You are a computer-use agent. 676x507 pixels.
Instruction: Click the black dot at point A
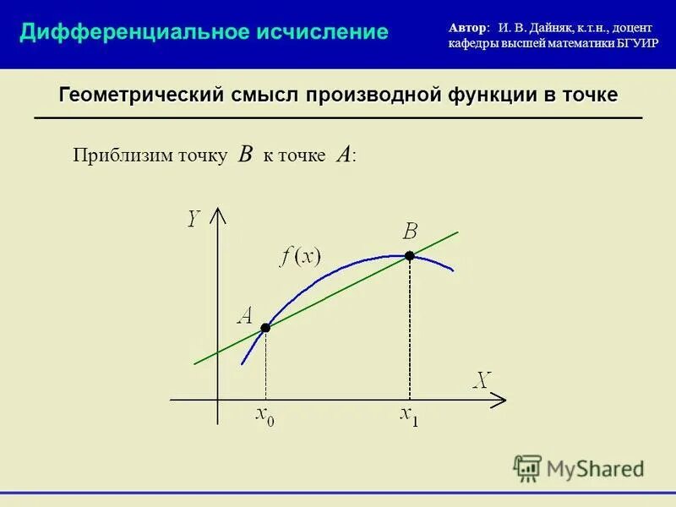click(x=265, y=327)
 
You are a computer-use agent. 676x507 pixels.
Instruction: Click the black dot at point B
click(x=410, y=255)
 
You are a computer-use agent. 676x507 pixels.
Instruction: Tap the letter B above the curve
click(x=411, y=231)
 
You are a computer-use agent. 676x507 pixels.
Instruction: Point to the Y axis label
click(x=194, y=219)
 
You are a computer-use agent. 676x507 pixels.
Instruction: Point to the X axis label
click(x=481, y=380)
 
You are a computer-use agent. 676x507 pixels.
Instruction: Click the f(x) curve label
click(x=301, y=257)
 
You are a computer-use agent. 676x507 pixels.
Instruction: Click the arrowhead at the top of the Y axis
click(x=218, y=213)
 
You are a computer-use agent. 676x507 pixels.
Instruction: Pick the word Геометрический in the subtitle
click(x=140, y=95)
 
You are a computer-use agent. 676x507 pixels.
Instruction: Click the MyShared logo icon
click(x=528, y=467)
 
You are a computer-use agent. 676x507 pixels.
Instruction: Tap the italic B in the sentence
click(x=246, y=154)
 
